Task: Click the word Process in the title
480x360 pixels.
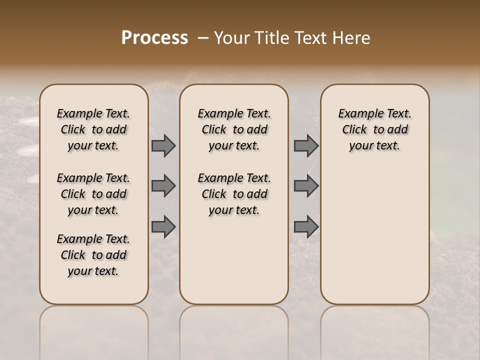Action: pyautogui.click(x=154, y=38)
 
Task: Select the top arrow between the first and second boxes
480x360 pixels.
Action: pyautogui.click(x=163, y=146)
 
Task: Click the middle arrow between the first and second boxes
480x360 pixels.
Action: pyautogui.click(x=163, y=186)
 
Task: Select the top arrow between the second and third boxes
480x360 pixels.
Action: pyautogui.click(x=306, y=146)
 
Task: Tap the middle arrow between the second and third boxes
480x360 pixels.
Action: pyautogui.click(x=306, y=186)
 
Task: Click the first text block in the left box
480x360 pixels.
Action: pyautogui.click(x=93, y=129)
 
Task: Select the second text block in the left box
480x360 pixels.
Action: pyautogui.click(x=93, y=194)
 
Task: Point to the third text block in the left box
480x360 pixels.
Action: pyautogui.click(x=93, y=255)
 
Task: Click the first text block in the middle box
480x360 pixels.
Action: pyautogui.click(x=234, y=129)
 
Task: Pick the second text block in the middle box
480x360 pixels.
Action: pyautogui.click(x=234, y=194)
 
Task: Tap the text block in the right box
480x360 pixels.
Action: pyautogui.click(x=374, y=129)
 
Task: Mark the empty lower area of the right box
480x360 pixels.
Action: pyautogui.click(x=374, y=235)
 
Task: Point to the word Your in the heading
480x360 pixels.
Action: pyautogui.click(x=229, y=38)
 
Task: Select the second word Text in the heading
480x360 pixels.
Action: pyautogui.click(x=313, y=38)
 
